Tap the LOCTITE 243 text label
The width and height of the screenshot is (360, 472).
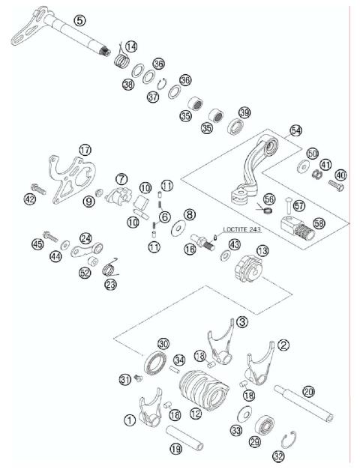(239, 230)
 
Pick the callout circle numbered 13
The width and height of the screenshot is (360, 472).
(262, 250)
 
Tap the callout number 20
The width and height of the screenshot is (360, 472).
(309, 390)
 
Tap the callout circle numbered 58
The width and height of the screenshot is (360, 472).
(319, 224)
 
